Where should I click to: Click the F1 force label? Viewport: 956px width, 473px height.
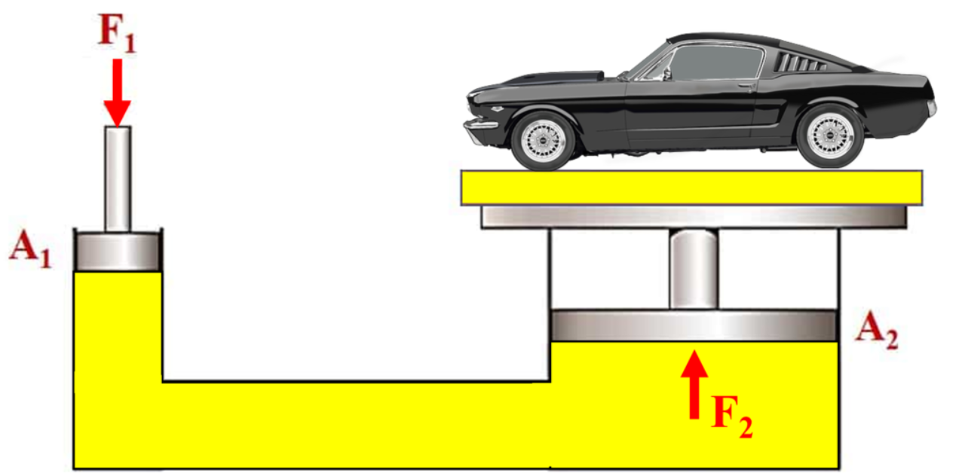117,33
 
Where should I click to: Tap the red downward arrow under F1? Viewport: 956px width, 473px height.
118,93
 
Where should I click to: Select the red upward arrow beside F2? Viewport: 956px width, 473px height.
694,384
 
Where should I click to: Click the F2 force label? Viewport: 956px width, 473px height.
732,417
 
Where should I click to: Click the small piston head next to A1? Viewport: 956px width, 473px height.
118,252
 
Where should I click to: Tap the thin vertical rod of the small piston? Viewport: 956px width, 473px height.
118,179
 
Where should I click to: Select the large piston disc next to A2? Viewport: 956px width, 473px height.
694,325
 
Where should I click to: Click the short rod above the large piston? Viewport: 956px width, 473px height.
694,269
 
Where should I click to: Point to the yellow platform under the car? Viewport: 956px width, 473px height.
692,188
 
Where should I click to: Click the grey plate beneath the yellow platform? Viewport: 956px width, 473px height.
694,217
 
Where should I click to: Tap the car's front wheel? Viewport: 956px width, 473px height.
543,140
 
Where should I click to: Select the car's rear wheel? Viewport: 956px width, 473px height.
831,136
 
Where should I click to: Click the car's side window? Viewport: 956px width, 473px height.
716,63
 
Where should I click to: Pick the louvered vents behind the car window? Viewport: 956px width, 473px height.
801,63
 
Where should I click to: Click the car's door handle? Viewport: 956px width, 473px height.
746,86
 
